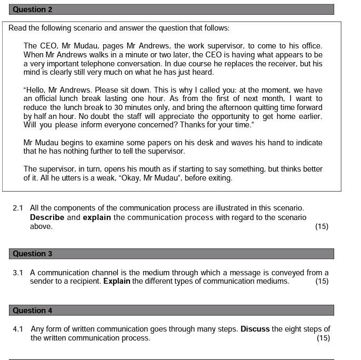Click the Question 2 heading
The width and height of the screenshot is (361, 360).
coord(32,9)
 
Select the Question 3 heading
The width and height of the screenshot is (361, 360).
coord(32,254)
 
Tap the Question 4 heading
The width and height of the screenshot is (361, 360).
coord(32,311)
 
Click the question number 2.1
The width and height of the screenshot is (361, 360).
coord(18,208)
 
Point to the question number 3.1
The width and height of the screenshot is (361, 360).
coord(18,273)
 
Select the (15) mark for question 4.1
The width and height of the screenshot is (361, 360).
coord(323,338)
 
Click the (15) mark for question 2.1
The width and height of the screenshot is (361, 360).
coord(322,226)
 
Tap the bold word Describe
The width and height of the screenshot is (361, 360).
coord(47,217)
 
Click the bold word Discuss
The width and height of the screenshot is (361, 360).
coord(255,329)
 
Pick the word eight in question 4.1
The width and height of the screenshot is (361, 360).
coord(297,329)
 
